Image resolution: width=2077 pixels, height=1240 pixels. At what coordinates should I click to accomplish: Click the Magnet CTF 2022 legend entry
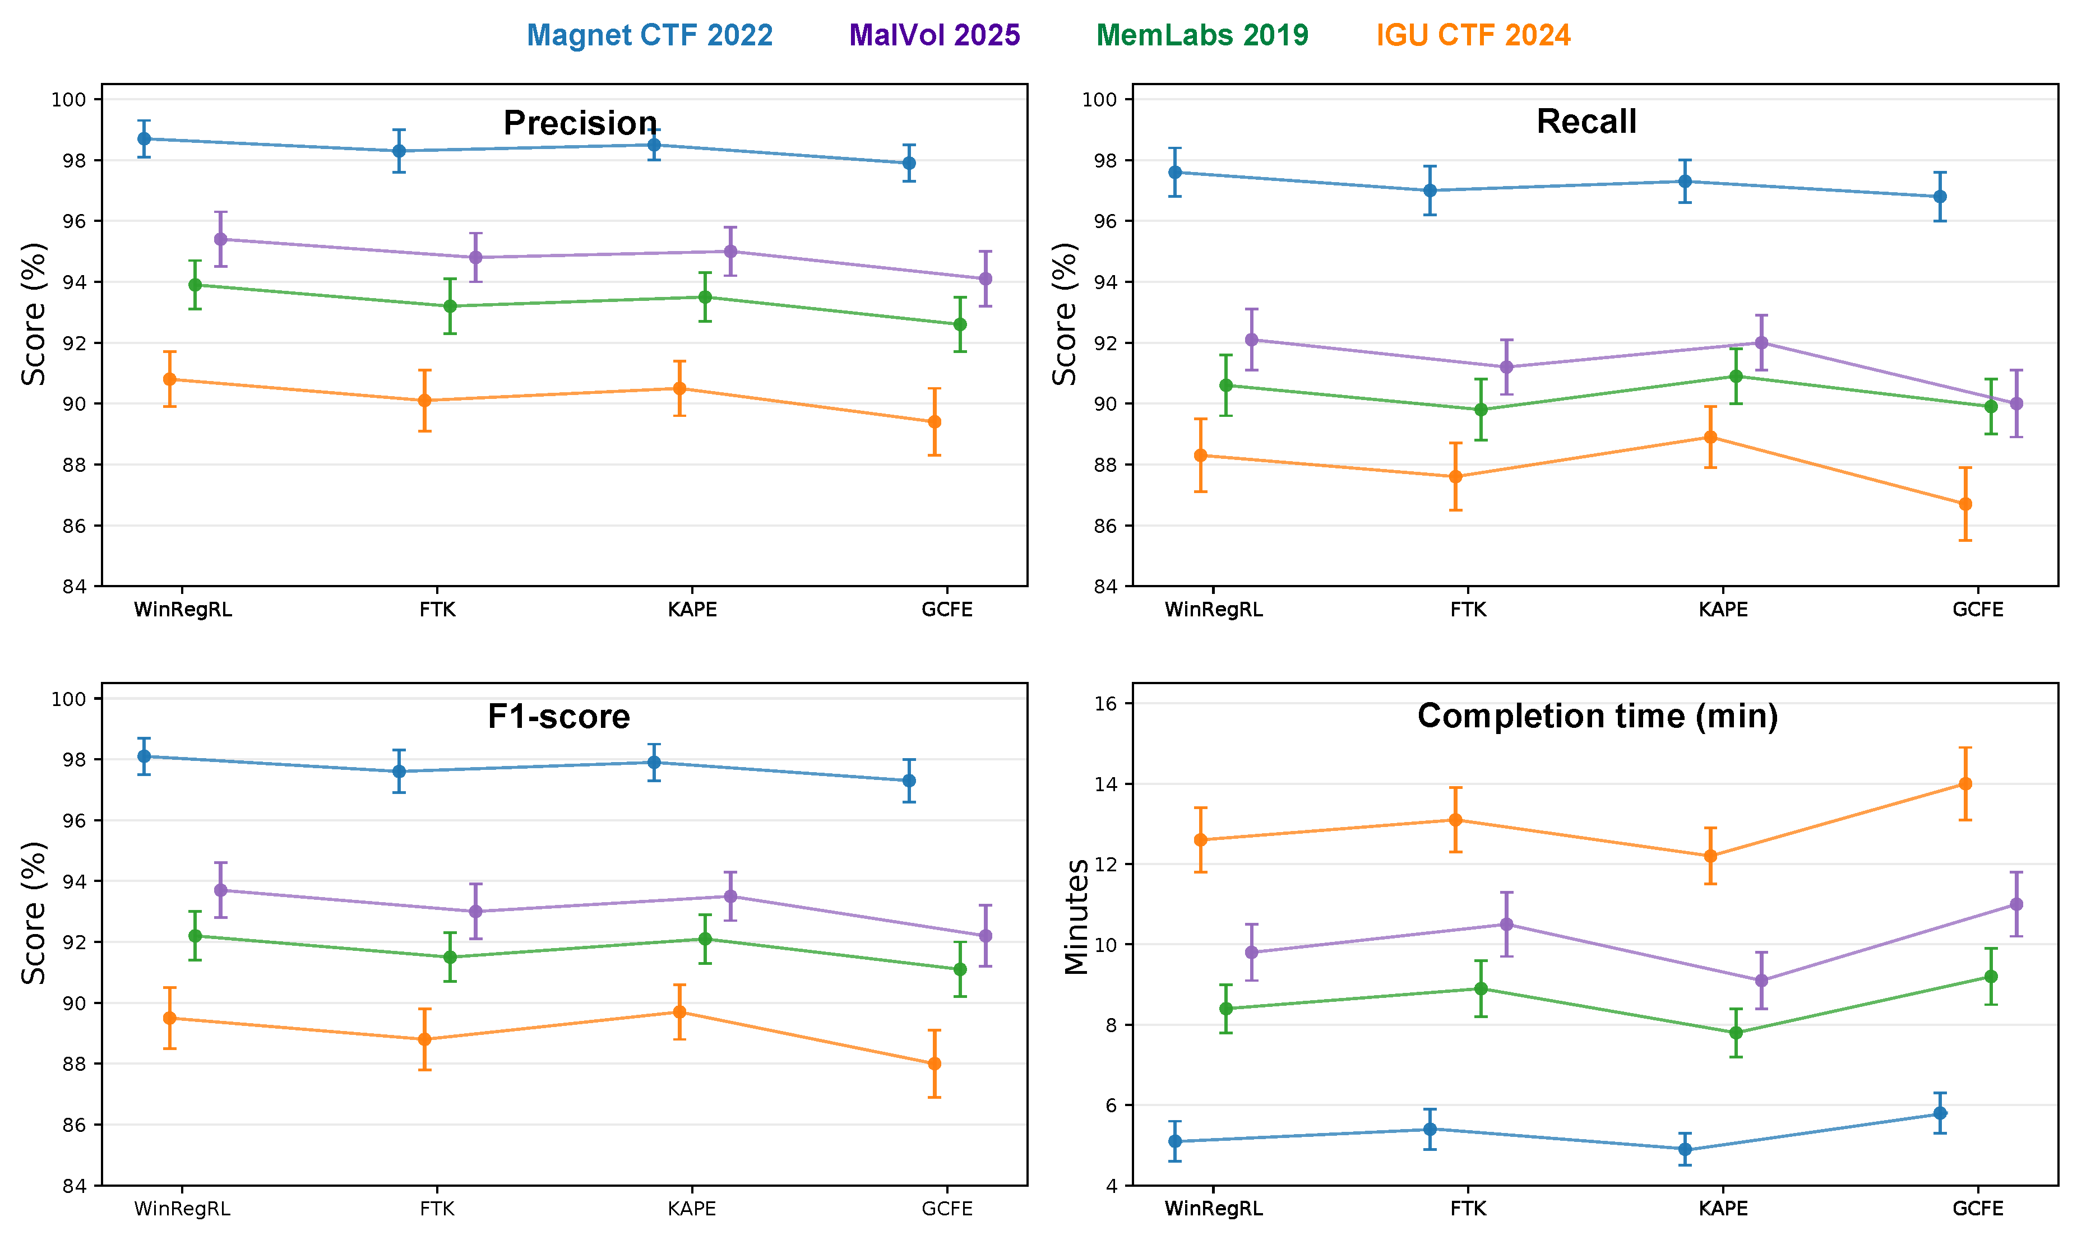point(649,35)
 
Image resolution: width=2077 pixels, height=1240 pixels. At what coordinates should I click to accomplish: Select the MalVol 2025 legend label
point(935,35)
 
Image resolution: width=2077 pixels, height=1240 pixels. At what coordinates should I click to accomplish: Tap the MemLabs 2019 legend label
point(1202,35)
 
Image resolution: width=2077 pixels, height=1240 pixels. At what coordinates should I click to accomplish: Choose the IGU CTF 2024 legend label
point(1473,35)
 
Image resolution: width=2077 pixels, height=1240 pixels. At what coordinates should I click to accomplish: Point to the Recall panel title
point(1585,122)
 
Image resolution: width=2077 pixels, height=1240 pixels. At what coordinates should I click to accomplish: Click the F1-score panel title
point(558,716)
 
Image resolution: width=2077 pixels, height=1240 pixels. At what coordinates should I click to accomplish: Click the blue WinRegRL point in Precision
point(145,139)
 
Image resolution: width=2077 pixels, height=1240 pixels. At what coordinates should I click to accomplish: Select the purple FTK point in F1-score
point(475,912)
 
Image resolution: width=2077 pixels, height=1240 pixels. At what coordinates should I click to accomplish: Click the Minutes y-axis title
point(1076,917)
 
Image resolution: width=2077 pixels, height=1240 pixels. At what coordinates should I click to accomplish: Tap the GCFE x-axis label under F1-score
point(947,1209)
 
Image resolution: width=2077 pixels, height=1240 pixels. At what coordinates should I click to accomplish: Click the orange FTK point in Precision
point(424,400)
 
